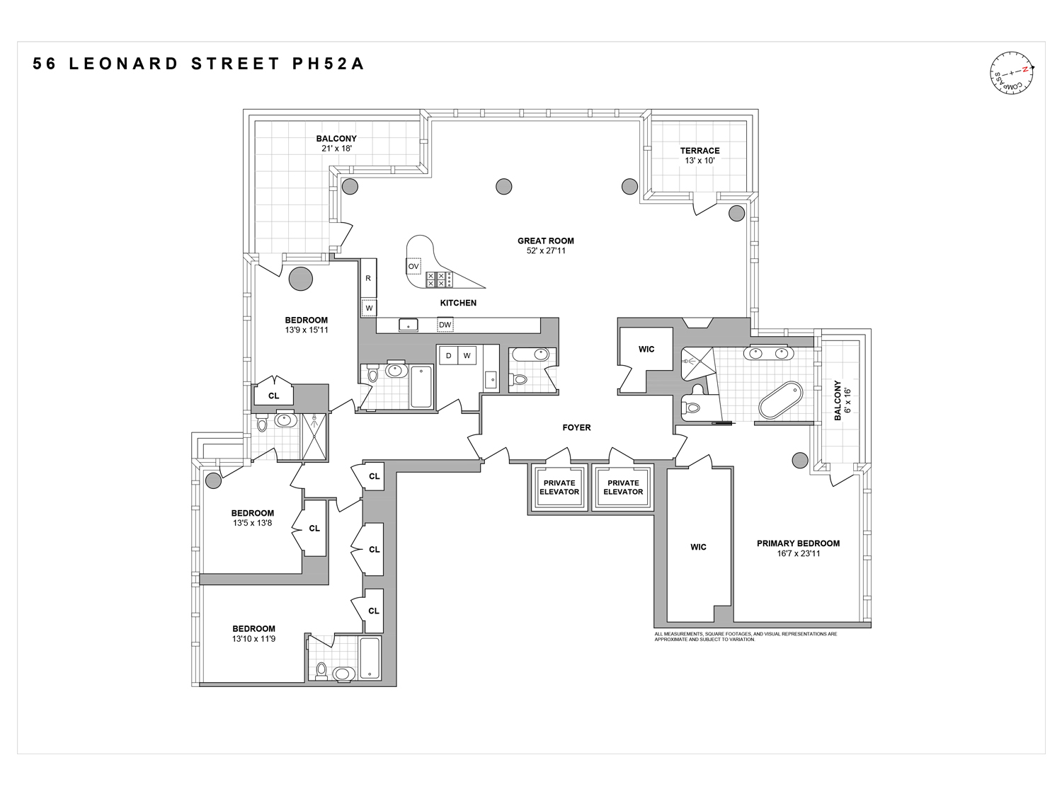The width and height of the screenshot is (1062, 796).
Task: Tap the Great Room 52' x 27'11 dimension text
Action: pyautogui.click(x=546, y=250)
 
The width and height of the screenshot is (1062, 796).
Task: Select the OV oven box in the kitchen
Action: pyautogui.click(x=413, y=266)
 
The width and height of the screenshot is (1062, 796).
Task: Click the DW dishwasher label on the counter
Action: pyautogui.click(x=445, y=325)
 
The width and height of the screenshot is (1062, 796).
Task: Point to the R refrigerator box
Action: pyautogui.click(x=368, y=278)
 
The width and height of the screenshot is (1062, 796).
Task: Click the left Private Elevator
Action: pyautogui.click(x=559, y=488)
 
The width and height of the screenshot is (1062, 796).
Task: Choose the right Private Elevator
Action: pyautogui.click(x=623, y=488)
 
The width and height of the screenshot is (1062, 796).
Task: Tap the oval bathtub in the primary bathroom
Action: pyautogui.click(x=781, y=400)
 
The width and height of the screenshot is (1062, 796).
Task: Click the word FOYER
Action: pyautogui.click(x=576, y=427)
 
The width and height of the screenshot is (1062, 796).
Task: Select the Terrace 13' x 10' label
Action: pyautogui.click(x=700, y=155)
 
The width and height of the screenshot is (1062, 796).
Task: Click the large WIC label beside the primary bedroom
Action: pyautogui.click(x=698, y=547)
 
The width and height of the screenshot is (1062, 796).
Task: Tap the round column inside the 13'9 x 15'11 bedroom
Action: pyautogui.click(x=300, y=278)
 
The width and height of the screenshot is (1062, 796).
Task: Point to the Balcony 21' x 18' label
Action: pyautogui.click(x=336, y=144)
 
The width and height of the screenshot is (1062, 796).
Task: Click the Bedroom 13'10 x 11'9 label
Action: pyautogui.click(x=253, y=633)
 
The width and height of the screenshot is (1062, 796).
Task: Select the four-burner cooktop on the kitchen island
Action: pyautogui.click(x=435, y=279)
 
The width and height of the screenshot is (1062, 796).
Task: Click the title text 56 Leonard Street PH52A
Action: pyautogui.click(x=199, y=64)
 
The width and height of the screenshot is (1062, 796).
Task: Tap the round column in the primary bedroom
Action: pyautogui.click(x=799, y=460)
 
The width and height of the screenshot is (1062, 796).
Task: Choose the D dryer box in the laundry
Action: pyautogui.click(x=448, y=355)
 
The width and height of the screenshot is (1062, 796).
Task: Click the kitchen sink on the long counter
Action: pyautogui.click(x=408, y=325)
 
